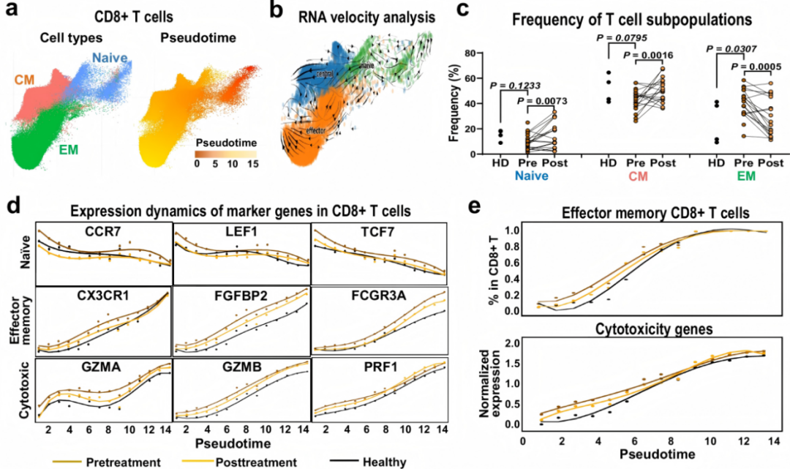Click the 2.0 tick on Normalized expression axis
(512, 344)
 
